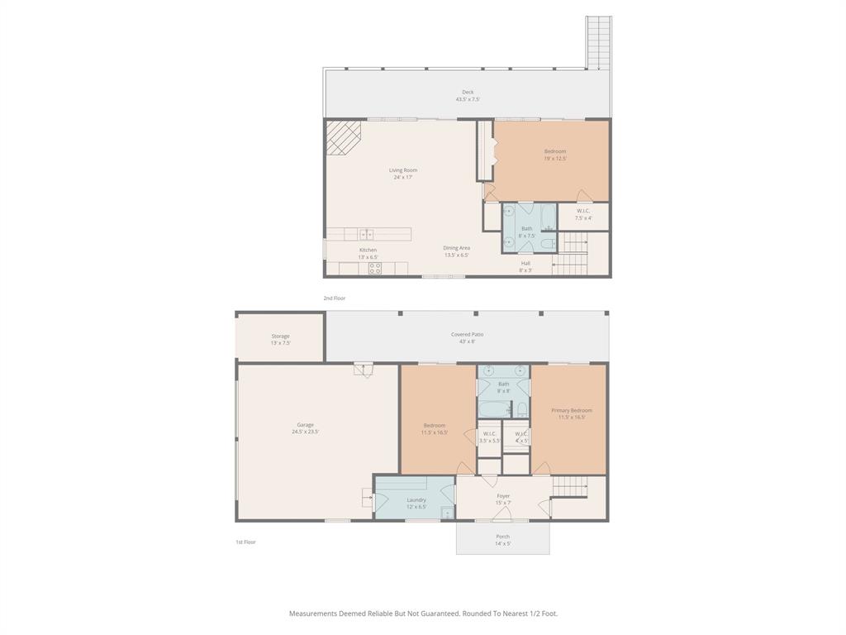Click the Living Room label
[403, 170]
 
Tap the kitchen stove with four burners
[375, 268]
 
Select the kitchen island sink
[366, 234]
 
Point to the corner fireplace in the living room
[341, 136]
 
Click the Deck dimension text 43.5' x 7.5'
[468, 99]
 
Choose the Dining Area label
[456, 248]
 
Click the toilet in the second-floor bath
[548, 243]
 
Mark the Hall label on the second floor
[525, 263]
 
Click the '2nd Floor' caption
[335, 298]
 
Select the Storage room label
[280, 337]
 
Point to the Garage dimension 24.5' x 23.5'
[305, 432]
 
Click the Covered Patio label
[467, 335]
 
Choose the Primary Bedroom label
[572, 410]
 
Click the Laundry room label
[416, 499]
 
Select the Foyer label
[503, 496]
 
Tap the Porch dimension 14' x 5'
[502, 543]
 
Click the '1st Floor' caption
[246, 542]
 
